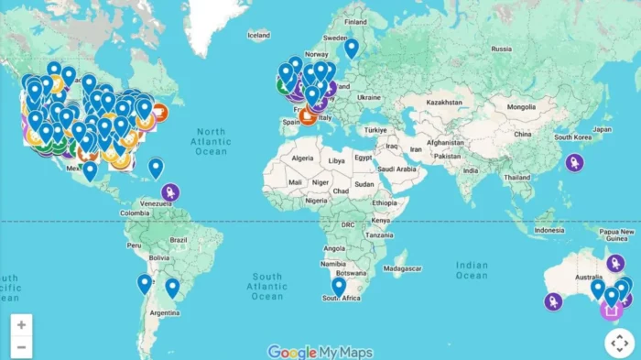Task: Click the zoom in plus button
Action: pyautogui.click(x=21, y=324)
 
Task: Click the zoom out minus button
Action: pyautogui.click(x=21, y=346)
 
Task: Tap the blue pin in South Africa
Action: pyautogui.click(x=339, y=286)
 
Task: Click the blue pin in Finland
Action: pyautogui.click(x=352, y=47)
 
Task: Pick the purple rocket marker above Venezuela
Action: pyautogui.click(x=170, y=192)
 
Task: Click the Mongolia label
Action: pyautogui.click(x=521, y=107)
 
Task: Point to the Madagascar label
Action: pyautogui.click(x=403, y=268)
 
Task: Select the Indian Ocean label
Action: pyautogui.click(x=472, y=269)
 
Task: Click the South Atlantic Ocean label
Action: pyautogui.click(x=267, y=286)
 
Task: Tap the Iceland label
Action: pyautogui.click(x=259, y=35)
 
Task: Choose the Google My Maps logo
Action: pyautogui.click(x=320, y=352)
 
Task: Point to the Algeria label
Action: pyautogui.click(x=302, y=158)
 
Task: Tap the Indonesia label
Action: pyautogui.click(x=549, y=230)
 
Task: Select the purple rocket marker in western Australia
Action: pyautogui.click(x=553, y=300)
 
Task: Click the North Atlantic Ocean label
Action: pyautogui.click(x=211, y=142)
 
